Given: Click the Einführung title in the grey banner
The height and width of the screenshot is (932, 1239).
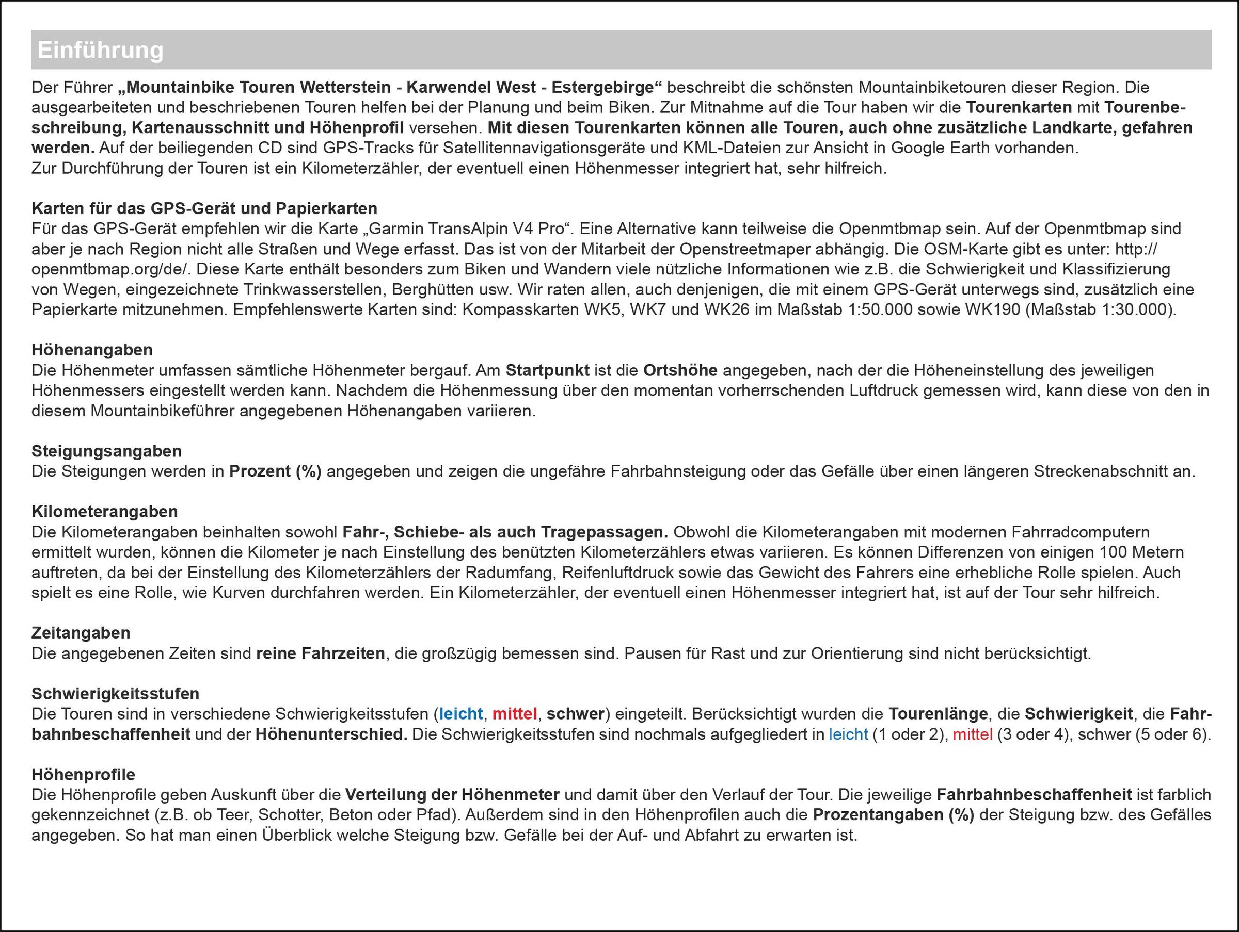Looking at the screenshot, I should [x=101, y=51].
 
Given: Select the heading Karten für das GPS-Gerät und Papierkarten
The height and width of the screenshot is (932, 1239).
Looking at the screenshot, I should [x=204, y=209].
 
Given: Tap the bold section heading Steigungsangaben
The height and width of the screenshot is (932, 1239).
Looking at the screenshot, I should [x=106, y=451].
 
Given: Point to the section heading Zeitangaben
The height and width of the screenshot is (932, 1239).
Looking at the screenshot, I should [x=81, y=633].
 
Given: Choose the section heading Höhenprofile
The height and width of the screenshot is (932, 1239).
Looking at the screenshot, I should [x=84, y=775].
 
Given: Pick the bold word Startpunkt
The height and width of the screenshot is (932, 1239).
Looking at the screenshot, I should [x=547, y=370].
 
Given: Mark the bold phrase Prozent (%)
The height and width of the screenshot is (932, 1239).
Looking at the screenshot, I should [x=275, y=471].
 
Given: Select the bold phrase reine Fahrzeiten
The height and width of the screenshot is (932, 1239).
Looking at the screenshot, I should [x=321, y=653].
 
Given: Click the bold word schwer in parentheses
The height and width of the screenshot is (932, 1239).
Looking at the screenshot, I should [x=575, y=714].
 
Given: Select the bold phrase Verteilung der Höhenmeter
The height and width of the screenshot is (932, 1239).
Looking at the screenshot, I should [x=452, y=795].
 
